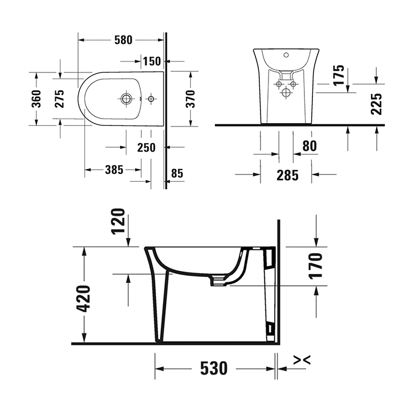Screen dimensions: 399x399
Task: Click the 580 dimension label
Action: point(123,40)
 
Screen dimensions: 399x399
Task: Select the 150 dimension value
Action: point(151,61)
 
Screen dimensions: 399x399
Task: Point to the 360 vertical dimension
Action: point(36,99)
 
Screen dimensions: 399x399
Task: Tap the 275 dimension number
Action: point(59,99)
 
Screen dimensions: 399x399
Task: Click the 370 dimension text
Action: point(191,99)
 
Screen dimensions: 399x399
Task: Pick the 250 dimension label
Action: point(146,148)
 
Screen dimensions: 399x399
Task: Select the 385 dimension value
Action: point(114,170)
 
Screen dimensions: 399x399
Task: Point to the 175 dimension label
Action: point(339,76)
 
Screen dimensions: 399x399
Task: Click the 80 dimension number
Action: point(309,146)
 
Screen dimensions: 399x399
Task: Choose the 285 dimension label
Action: point(287,174)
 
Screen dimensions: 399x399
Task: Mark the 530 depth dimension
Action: point(213,368)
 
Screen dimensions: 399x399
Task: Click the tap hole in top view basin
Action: point(126,99)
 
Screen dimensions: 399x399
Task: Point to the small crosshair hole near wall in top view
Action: point(151,99)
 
